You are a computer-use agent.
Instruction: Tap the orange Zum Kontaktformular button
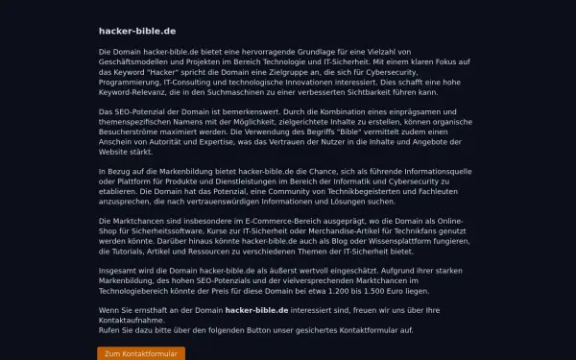141,354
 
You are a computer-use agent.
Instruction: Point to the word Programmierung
131,82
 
